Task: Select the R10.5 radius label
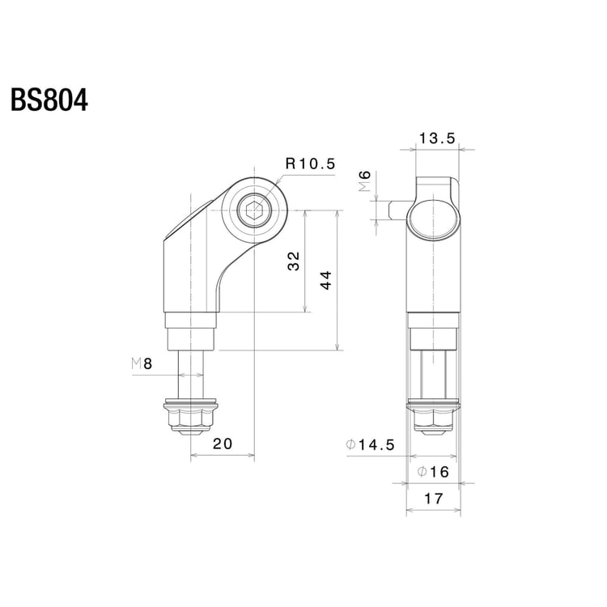coord(309,163)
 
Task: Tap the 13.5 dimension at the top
coord(438,138)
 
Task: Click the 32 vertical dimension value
coord(294,261)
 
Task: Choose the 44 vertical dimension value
coord(325,281)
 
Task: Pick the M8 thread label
coord(142,364)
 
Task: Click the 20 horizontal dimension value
coord(223,444)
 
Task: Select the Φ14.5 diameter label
coord(370,444)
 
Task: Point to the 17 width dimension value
coord(434,499)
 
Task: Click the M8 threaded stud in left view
coord(191,373)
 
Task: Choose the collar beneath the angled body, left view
coord(191,331)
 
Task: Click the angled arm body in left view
coord(194,259)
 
